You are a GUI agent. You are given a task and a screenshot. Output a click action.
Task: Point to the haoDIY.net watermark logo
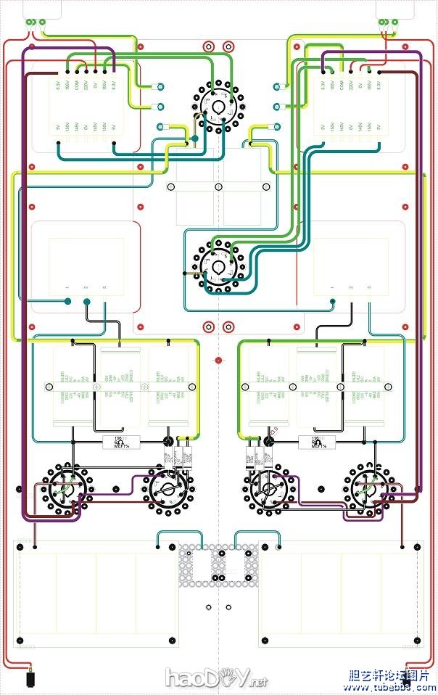point(216,678)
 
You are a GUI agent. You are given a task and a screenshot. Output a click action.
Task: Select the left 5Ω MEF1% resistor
point(122,442)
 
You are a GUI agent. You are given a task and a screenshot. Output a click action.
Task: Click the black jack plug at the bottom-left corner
point(30,679)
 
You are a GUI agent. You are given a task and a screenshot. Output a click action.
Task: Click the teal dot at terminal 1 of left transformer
point(67,301)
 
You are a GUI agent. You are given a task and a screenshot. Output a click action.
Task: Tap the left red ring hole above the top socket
point(209,46)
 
